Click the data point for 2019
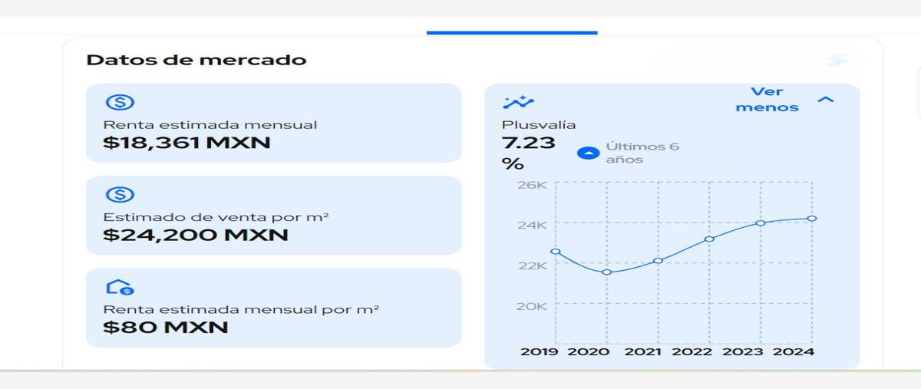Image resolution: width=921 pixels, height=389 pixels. pos(556,251)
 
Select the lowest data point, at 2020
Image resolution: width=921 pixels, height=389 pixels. pos(606,272)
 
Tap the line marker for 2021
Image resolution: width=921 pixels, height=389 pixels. pos(658,261)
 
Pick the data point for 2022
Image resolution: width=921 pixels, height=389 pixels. pos(709,239)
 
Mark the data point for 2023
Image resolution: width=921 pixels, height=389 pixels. pos(761,223)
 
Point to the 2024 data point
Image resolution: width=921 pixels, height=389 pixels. pos(812,219)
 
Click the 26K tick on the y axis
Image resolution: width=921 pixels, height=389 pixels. pos(532,185)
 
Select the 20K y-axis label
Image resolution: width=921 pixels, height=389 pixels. pos(532,306)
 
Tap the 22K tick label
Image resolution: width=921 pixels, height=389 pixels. pos(533,265)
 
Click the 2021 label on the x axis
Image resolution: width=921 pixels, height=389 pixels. pos(643,351)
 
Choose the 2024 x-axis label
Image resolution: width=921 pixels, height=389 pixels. pos(794,351)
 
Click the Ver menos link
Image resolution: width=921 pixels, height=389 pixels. pos(767,100)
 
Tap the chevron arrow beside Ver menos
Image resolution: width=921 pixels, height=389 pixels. pos(826,100)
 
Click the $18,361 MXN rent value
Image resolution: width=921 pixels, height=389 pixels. pos(187,143)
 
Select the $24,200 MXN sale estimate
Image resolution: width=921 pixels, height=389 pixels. pos(196,235)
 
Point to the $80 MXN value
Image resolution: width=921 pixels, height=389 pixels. pos(166,328)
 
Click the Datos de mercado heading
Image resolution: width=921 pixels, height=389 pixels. pos(196,60)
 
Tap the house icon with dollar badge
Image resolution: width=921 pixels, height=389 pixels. pos(120,288)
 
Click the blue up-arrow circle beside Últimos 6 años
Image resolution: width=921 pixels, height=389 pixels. pos(589,153)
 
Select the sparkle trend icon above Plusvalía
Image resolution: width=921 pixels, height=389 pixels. pos(519,102)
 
